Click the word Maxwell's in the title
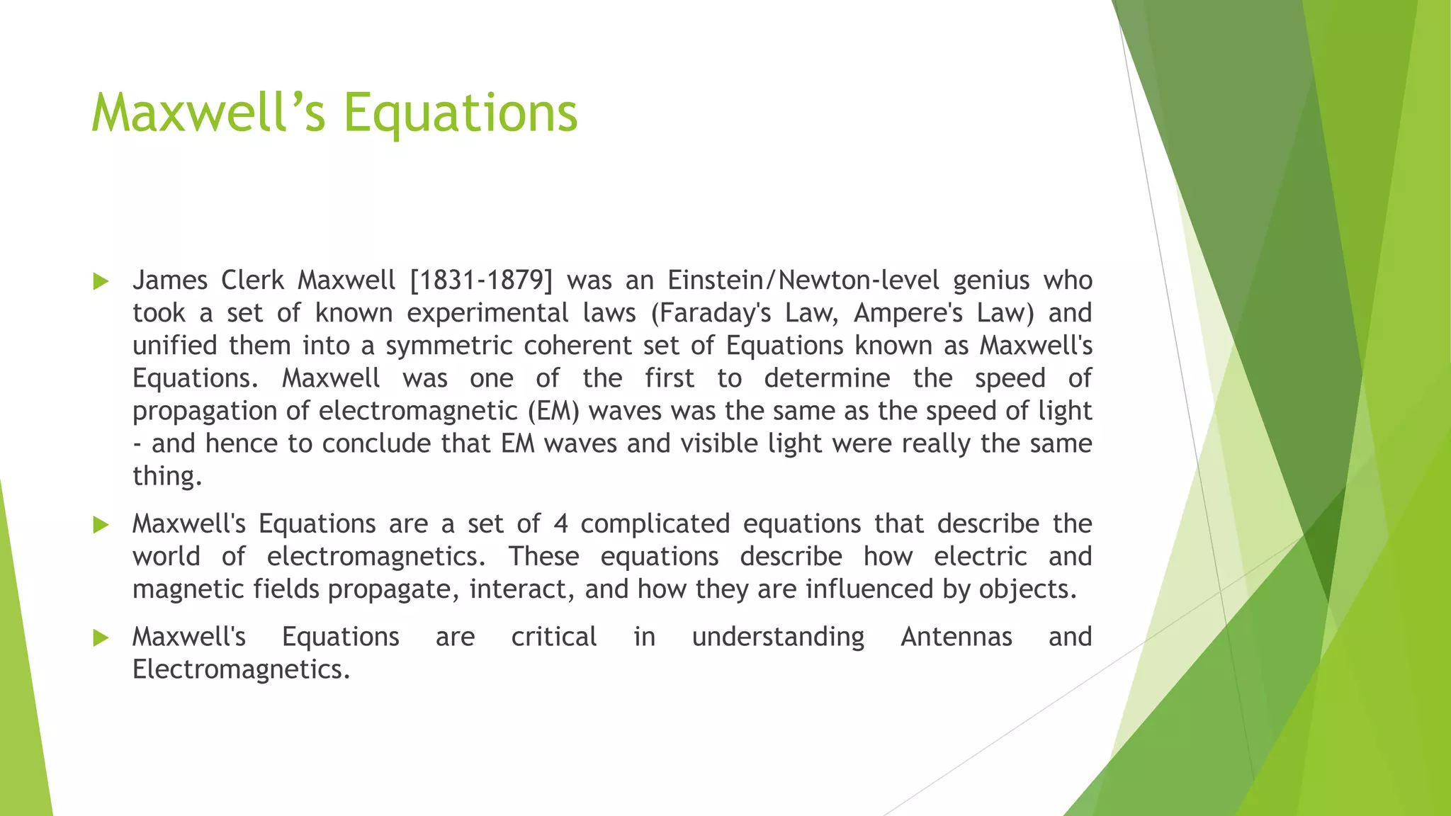point(208,113)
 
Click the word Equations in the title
point(461,113)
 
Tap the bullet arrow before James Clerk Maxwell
point(101,282)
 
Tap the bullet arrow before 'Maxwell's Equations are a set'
point(101,525)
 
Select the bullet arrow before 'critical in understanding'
point(101,638)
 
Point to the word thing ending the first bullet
point(167,476)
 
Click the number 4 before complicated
point(560,524)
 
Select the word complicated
point(655,524)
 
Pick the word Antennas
point(956,637)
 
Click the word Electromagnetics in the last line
point(241,669)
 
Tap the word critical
point(553,637)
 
